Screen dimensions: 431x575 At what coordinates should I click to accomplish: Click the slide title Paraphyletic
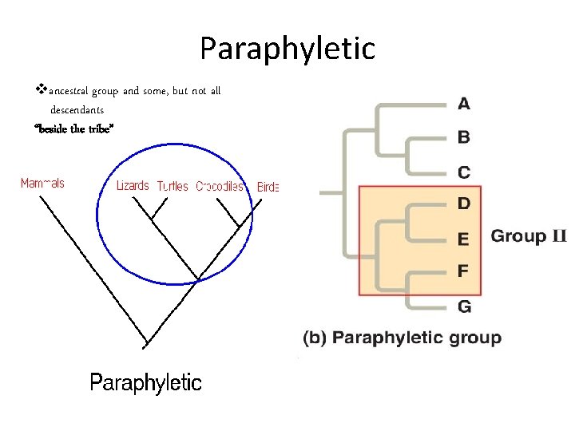(287, 49)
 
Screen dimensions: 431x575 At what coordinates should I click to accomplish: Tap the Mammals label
(42, 184)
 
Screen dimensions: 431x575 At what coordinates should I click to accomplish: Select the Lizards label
(133, 186)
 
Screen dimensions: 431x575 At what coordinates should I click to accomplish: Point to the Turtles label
(172, 187)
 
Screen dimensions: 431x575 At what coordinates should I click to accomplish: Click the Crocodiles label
(220, 187)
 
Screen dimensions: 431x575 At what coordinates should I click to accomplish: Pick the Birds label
(268, 187)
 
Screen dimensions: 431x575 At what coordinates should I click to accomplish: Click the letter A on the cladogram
(464, 103)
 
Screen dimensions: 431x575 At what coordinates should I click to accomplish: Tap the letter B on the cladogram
(464, 137)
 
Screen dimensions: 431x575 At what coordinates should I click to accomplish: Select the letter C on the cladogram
(464, 172)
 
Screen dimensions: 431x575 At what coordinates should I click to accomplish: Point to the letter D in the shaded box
(464, 204)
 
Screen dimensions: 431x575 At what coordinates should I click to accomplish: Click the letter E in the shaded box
(464, 238)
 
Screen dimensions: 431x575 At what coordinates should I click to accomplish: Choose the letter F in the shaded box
(463, 271)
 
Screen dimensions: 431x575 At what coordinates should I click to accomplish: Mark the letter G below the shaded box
(464, 306)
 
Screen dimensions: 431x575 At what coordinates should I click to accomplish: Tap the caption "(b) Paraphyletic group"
(402, 338)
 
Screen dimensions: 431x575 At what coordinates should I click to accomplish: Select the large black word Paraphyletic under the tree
(146, 383)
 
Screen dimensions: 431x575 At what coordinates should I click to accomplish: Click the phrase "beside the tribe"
(74, 129)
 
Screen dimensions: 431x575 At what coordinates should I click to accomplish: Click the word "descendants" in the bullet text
(77, 109)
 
